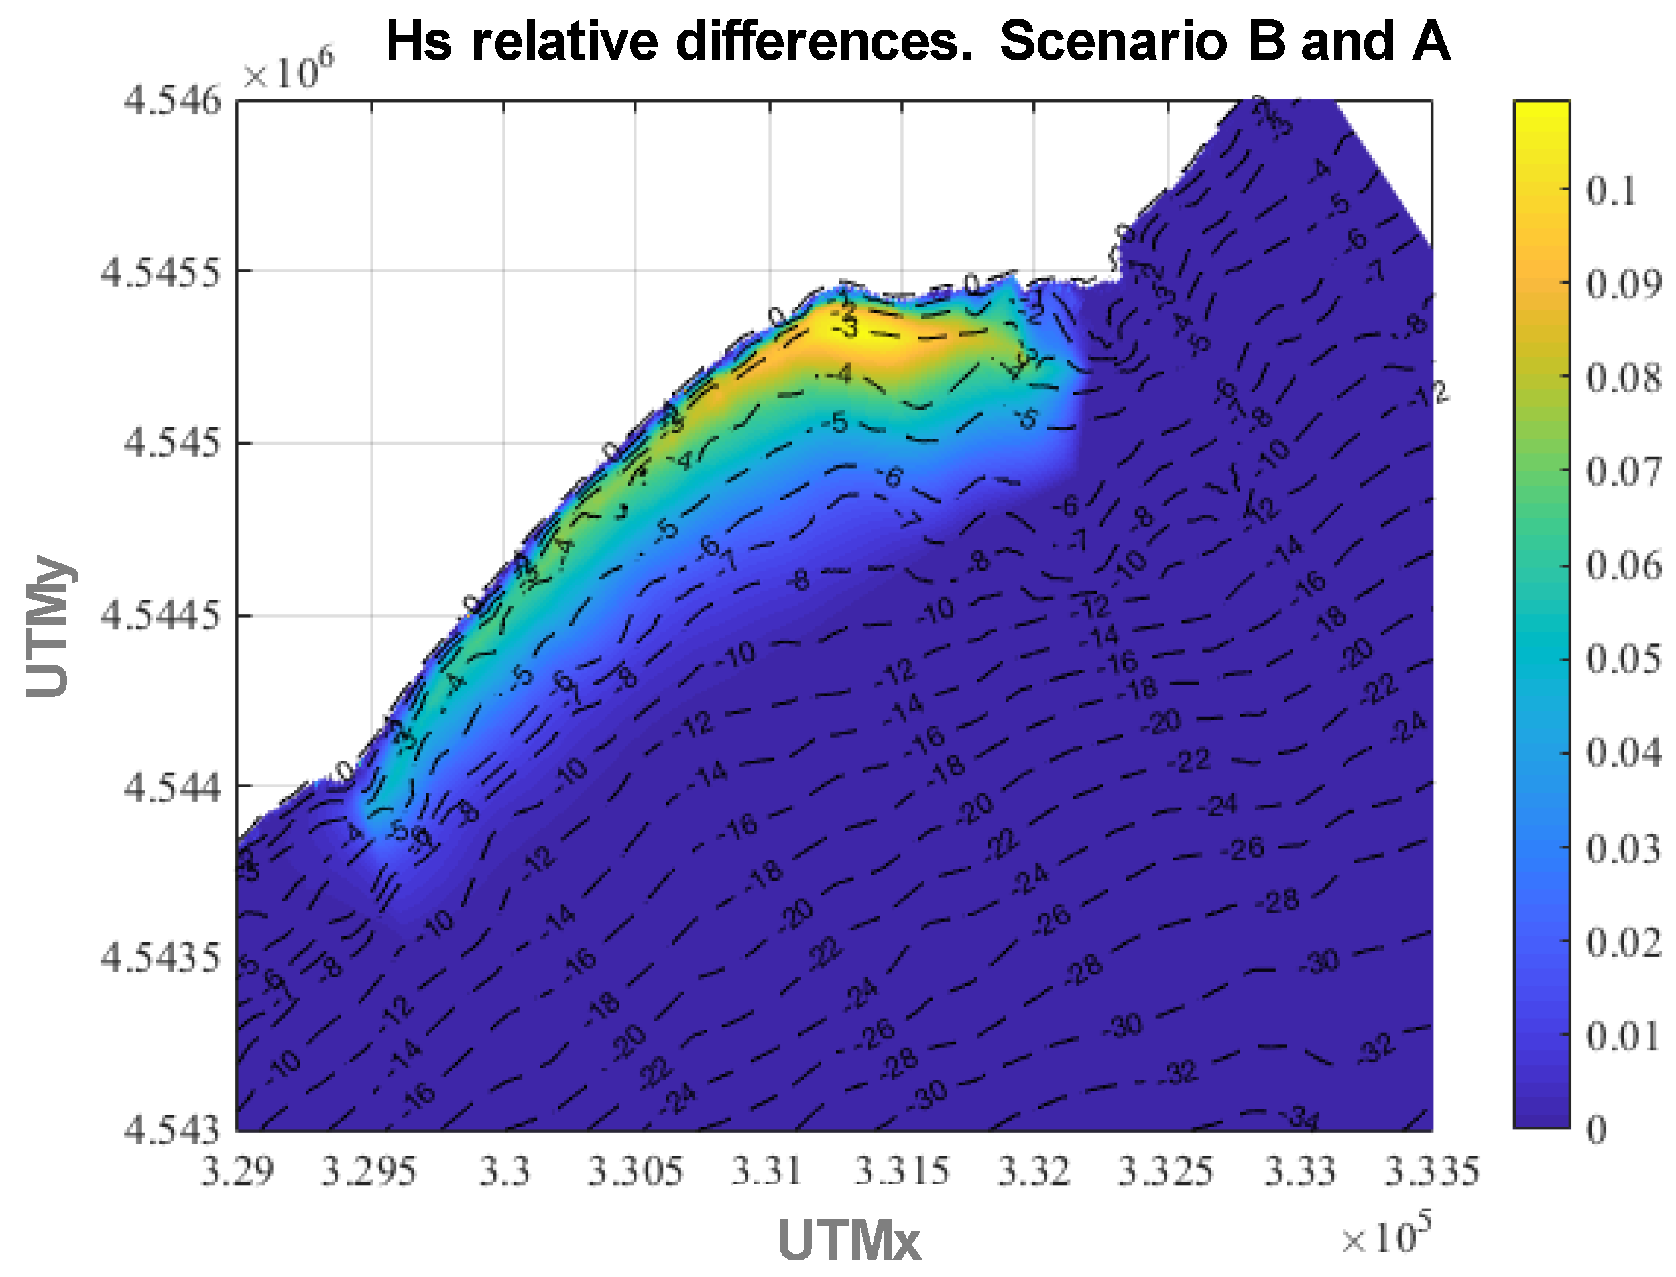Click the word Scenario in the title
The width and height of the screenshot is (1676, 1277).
click(x=1112, y=41)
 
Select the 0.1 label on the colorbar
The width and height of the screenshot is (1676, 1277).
click(x=1610, y=190)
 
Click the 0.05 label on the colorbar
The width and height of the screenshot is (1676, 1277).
click(x=1623, y=659)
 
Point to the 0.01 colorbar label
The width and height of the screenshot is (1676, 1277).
click(x=1623, y=1036)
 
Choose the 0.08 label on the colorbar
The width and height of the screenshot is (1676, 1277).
click(x=1623, y=378)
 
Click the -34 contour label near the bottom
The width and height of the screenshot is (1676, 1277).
click(x=1302, y=1118)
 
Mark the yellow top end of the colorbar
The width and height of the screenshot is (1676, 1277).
click(x=1541, y=114)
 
